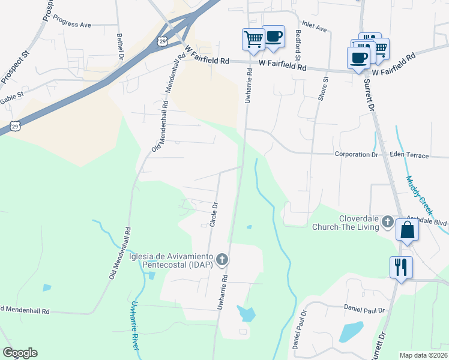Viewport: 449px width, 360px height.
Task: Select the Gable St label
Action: (x=12, y=95)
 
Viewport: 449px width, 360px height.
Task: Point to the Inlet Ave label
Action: (x=314, y=28)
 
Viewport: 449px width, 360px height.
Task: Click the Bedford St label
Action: (x=298, y=46)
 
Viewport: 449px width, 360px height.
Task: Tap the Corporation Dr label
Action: (x=356, y=154)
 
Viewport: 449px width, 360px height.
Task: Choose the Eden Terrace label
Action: (x=409, y=155)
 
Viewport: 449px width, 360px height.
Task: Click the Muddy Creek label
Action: (x=419, y=196)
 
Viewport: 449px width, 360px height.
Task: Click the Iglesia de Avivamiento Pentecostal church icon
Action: (x=222, y=260)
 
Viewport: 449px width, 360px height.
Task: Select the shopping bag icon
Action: (x=407, y=230)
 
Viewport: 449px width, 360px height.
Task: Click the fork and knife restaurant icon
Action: (x=400, y=266)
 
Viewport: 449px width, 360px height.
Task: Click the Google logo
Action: (x=20, y=353)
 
